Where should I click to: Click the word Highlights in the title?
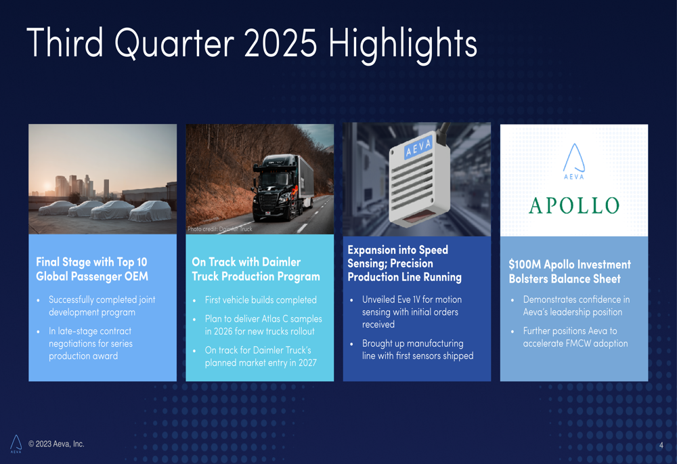402,44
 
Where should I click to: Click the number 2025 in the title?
281,43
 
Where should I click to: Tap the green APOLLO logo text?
574,206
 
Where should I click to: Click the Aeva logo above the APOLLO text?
574,161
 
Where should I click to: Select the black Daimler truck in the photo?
282,188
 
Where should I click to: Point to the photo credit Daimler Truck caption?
220,229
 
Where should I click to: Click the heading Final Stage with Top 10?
91,262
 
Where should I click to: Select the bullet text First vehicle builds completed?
261,300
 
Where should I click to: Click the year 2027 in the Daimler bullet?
307,363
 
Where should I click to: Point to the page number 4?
661,446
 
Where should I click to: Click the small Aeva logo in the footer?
16,444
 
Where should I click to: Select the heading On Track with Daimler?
246,262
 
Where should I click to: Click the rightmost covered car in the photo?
151,211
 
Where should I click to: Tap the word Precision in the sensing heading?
412,263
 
